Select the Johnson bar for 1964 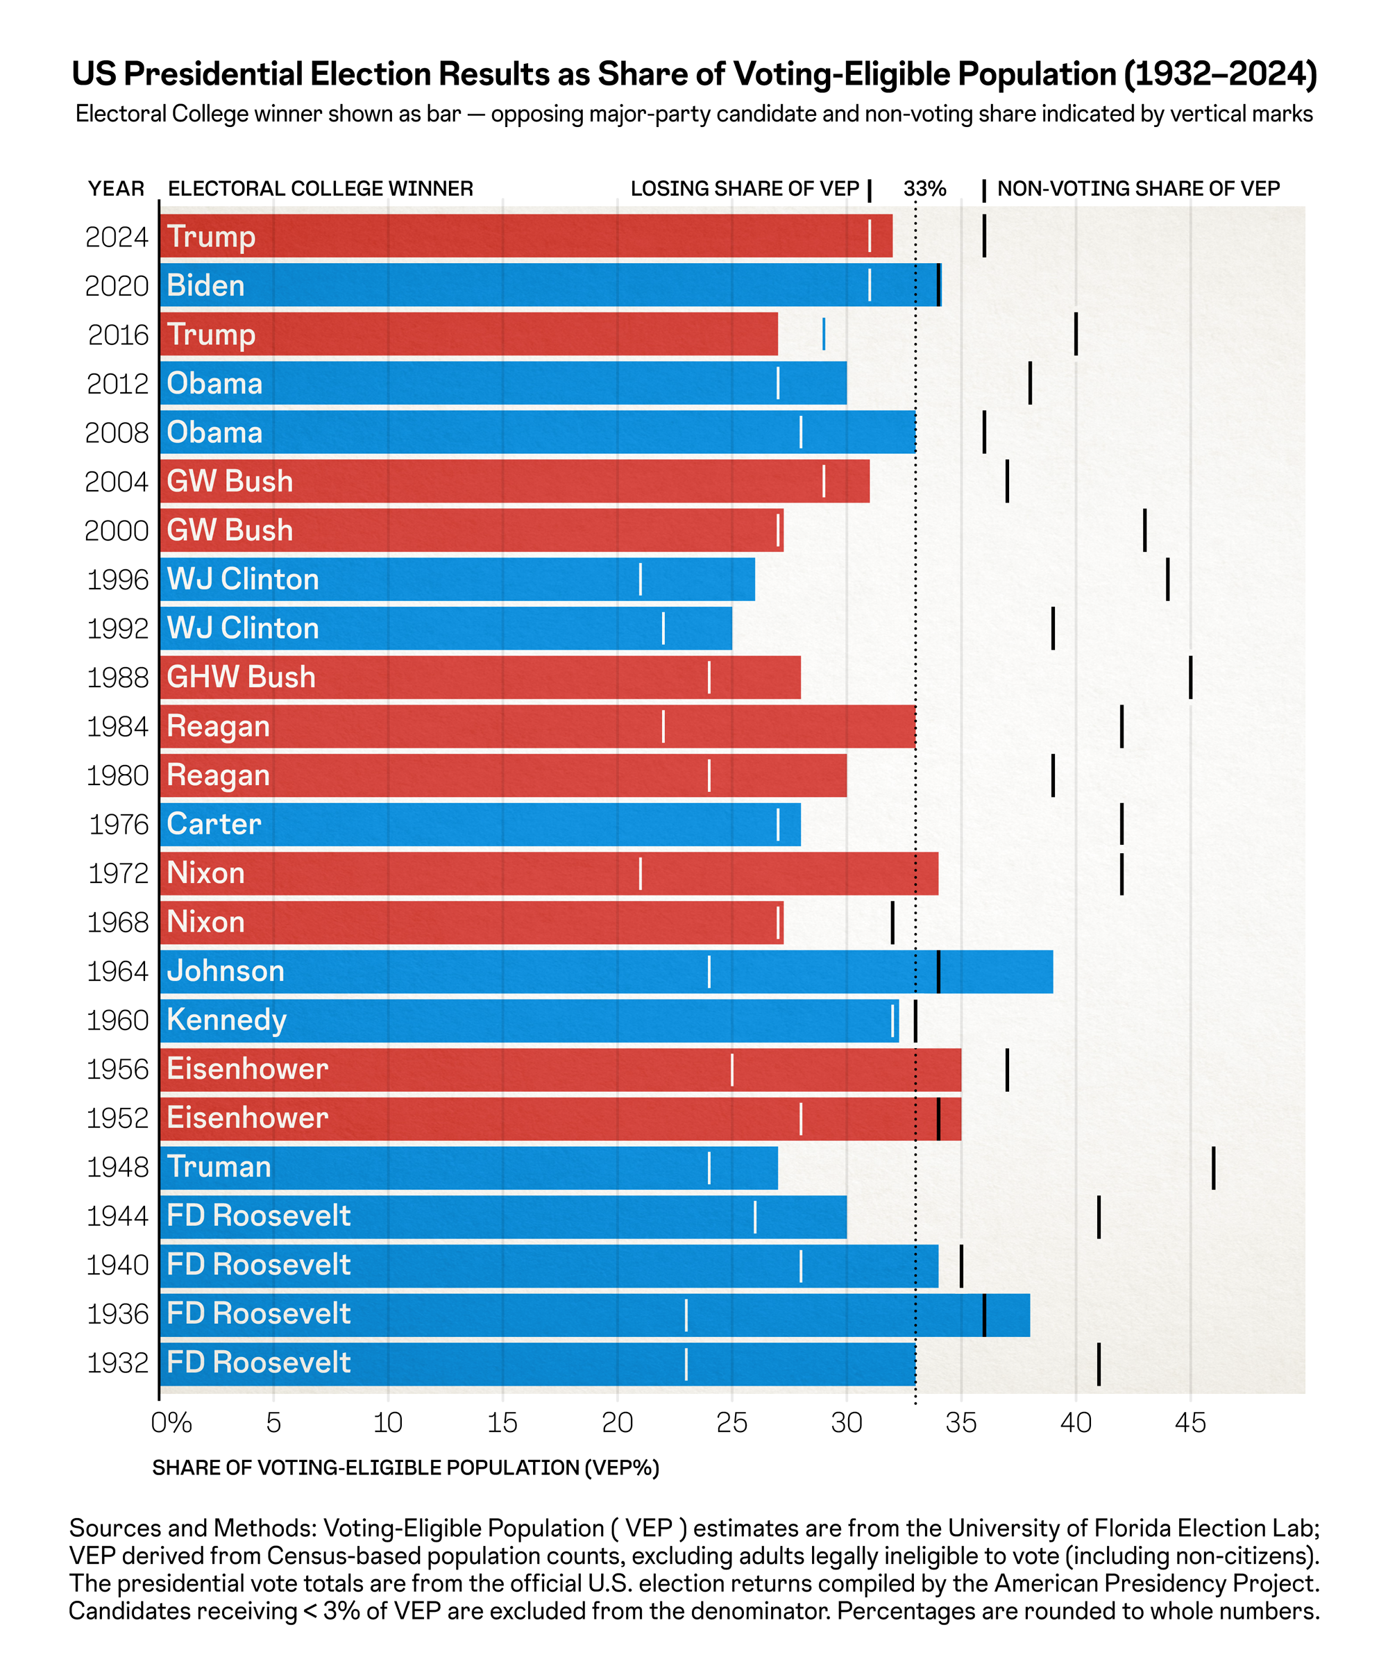pos(603,971)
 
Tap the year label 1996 pos(117,580)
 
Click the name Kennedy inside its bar pos(226,1020)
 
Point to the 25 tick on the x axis pos(731,1423)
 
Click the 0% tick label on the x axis pos(171,1423)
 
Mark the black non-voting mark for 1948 pos(1212,1167)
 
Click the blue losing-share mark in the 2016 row pos(823,334)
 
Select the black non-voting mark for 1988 pos(1190,677)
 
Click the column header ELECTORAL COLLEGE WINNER pos(321,189)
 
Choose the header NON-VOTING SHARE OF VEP pos(1138,189)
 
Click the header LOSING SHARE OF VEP pos(745,189)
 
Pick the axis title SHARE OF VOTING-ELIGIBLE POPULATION pos(405,1467)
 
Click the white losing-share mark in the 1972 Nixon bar pos(640,873)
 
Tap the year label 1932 pos(117,1363)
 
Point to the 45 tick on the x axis pos(1190,1423)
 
